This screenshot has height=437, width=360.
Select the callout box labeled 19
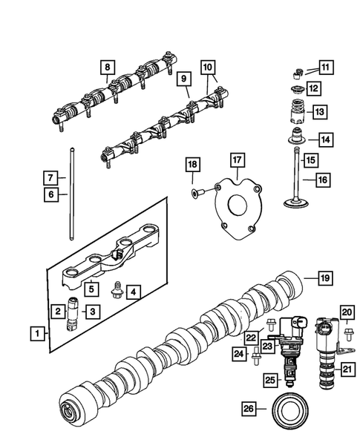pyautogui.click(x=324, y=278)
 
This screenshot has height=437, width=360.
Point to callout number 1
pyautogui.click(x=36, y=335)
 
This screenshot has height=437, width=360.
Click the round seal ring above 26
pyautogui.click(x=291, y=410)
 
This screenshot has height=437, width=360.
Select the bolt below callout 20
pyautogui.click(x=347, y=329)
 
